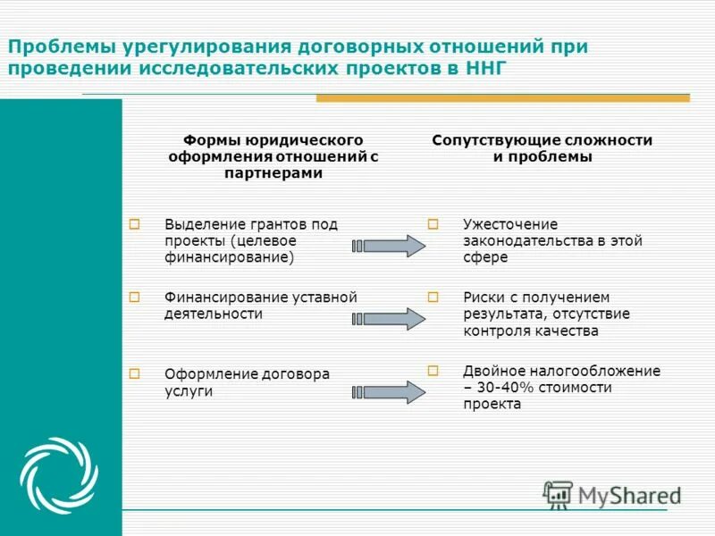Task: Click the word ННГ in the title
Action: click(489, 70)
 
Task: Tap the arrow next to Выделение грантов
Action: click(391, 246)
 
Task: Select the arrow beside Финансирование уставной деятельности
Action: click(391, 319)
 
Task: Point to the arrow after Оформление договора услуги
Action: click(391, 392)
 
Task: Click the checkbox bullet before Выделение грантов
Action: click(135, 224)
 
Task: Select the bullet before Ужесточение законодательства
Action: click(433, 224)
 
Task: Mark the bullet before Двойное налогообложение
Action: click(433, 369)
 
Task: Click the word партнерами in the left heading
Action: click(273, 173)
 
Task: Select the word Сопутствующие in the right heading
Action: click(486, 140)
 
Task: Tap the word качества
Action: click(568, 331)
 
